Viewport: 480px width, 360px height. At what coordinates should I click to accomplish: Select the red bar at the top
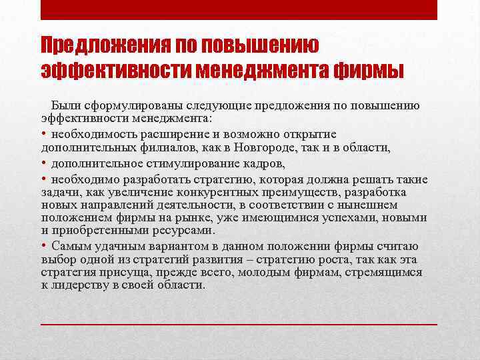[x=239, y=10]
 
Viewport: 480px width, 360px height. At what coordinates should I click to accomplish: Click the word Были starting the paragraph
[x=65, y=105]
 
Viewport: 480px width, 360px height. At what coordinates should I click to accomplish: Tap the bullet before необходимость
[x=43, y=134]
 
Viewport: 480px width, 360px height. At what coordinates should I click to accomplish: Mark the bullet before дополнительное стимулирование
[x=43, y=163]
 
